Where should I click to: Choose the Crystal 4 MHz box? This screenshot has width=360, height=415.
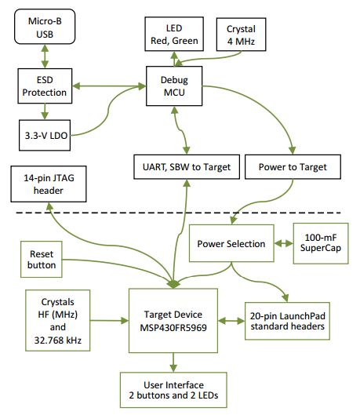tap(240, 34)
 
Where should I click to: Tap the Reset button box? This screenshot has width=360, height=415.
tap(43, 260)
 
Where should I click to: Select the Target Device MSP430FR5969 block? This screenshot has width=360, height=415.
tap(173, 320)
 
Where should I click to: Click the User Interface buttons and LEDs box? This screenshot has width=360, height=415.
tap(173, 390)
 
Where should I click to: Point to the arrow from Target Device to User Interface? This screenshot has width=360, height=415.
tap(173, 361)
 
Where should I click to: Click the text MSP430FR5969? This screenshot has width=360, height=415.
tap(173, 327)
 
